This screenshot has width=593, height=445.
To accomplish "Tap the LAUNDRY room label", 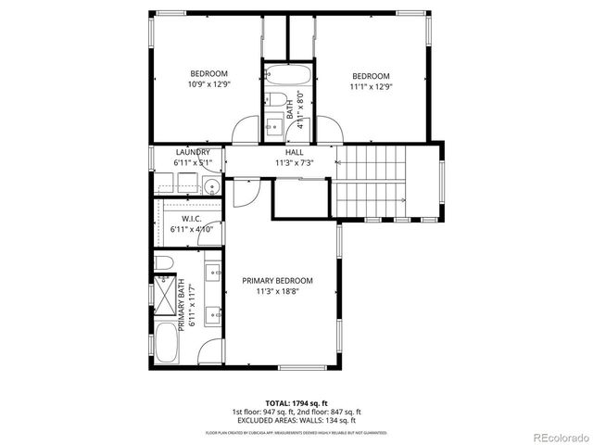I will tap(193, 152).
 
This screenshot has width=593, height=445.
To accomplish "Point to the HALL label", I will tap(295, 152).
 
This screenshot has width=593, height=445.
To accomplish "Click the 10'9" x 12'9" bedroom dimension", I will tap(209, 84).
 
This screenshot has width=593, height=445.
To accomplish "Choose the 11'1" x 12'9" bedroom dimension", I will tap(370, 86).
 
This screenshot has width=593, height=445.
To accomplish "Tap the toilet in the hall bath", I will tap(276, 98).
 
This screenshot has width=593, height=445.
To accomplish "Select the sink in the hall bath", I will tap(274, 124).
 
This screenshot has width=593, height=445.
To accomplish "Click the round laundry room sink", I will tap(212, 186).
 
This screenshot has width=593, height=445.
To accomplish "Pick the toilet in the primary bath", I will tap(162, 264).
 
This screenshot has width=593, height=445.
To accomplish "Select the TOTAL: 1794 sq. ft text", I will tap(296, 403).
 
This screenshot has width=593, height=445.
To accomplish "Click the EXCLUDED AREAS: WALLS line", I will tap(296, 420).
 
